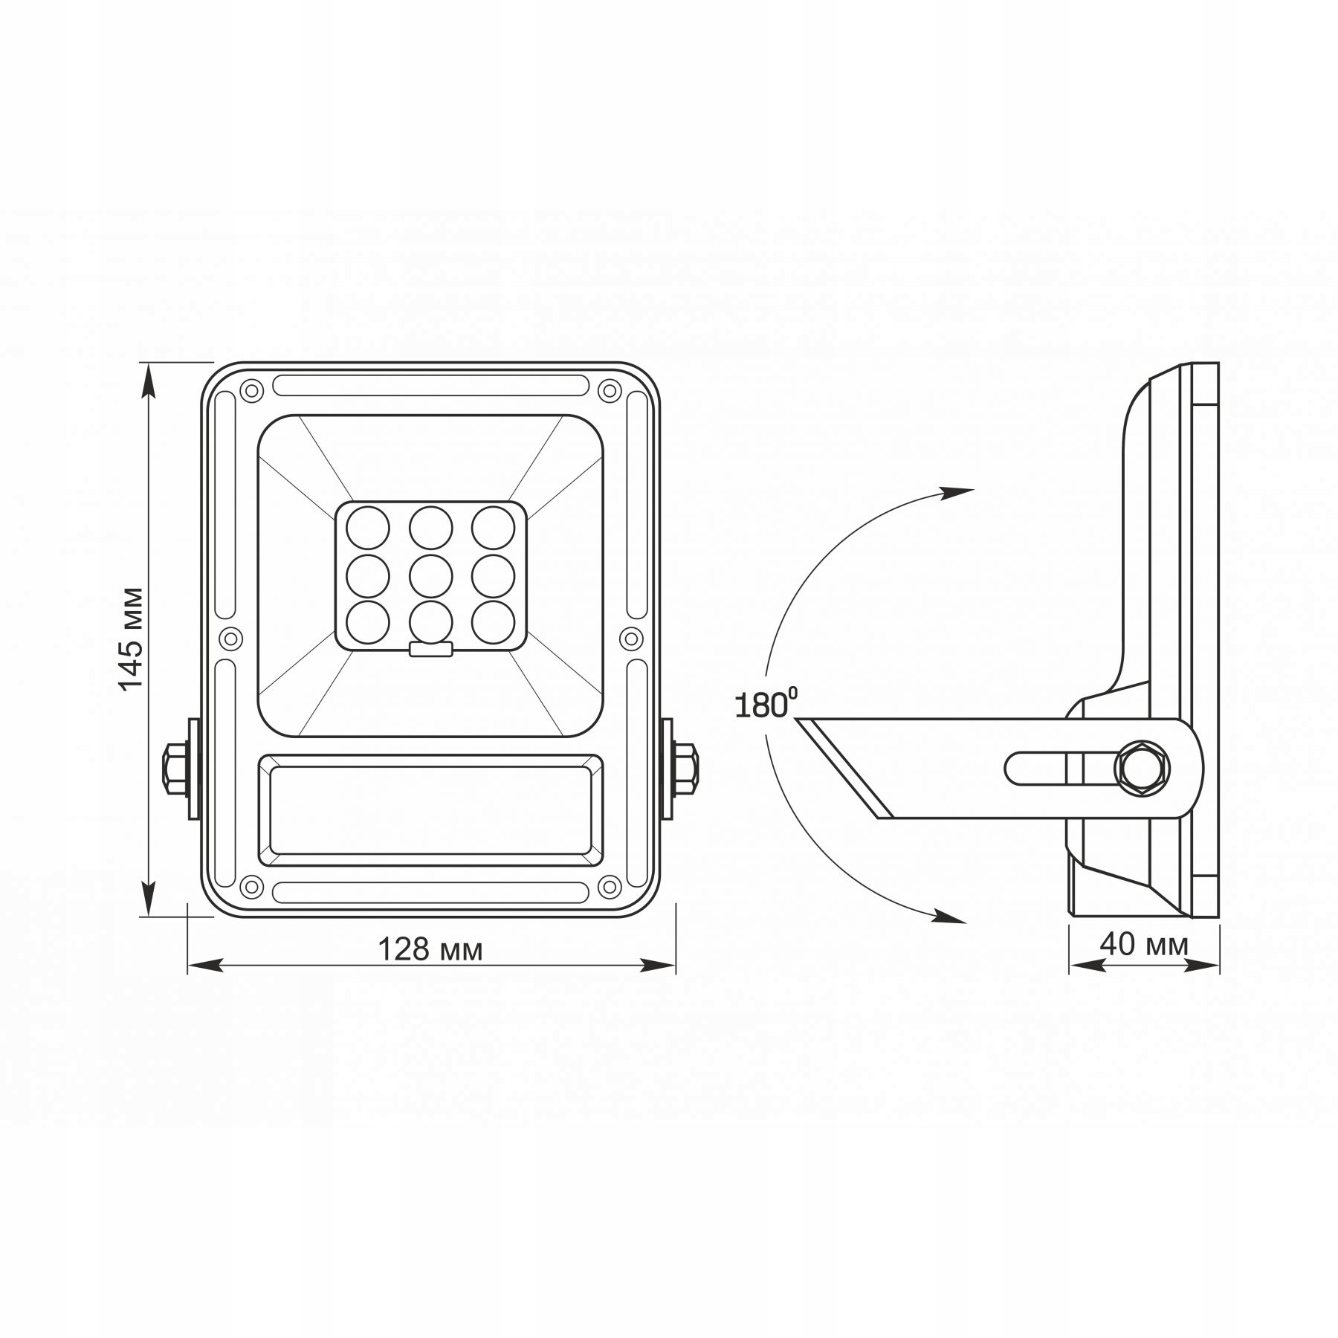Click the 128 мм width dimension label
(x=430, y=949)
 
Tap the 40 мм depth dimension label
(x=1144, y=944)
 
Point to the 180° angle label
(x=766, y=704)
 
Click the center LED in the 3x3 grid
(x=430, y=575)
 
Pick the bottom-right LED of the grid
(x=493, y=621)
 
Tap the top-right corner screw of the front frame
(x=610, y=390)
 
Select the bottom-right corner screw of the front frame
(x=610, y=886)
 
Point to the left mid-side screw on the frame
(x=231, y=638)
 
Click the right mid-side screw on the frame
(x=631, y=638)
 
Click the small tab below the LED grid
(x=430, y=650)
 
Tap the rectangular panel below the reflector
(x=430, y=810)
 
